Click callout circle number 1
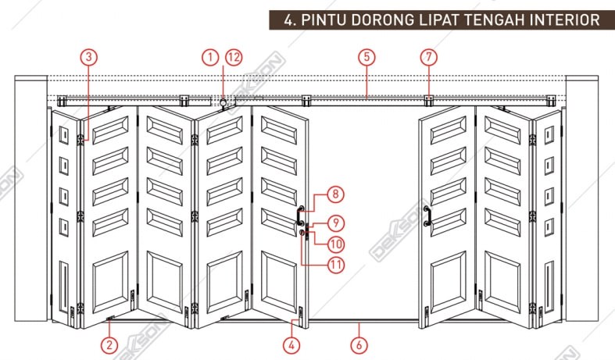(x=209, y=56)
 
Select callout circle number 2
(x=109, y=344)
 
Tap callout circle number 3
(x=89, y=56)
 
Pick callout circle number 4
(x=291, y=344)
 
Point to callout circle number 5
(x=366, y=56)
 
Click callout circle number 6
(x=359, y=344)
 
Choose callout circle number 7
(x=427, y=56)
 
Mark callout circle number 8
(x=334, y=194)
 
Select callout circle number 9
(x=335, y=223)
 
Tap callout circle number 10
(x=335, y=244)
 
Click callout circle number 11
(x=336, y=265)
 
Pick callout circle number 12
(x=234, y=56)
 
